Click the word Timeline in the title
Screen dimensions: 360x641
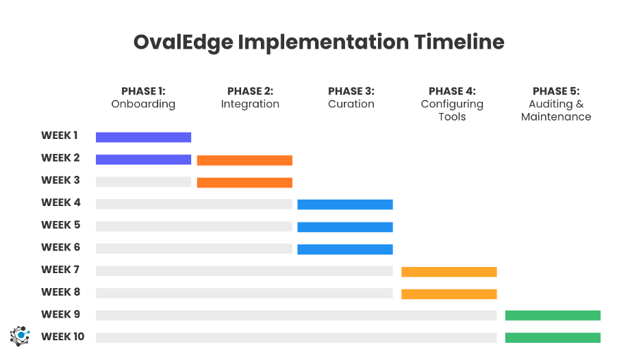[459, 42]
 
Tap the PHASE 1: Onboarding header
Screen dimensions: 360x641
[143, 98]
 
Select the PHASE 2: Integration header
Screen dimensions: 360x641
[250, 98]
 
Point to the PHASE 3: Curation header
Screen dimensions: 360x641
[351, 98]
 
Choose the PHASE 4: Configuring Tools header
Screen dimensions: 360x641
[452, 104]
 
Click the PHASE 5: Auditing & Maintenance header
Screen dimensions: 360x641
[555, 104]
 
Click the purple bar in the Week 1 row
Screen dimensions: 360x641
[143, 137]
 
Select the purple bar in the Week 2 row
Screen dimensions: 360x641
[143, 159]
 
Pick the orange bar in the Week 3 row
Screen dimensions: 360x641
[244, 182]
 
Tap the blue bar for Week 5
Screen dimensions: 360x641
[345, 227]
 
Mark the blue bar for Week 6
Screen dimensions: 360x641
[345, 249]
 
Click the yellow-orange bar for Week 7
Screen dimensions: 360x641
[449, 272]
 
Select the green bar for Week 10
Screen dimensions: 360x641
[553, 337]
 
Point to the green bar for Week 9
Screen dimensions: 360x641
[553, 315]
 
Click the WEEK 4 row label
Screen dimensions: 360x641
[61, 203]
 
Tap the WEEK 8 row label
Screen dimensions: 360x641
[61, 292]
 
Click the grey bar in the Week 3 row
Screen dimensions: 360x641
[143, 182]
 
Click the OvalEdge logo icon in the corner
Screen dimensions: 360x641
[21, 335]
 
